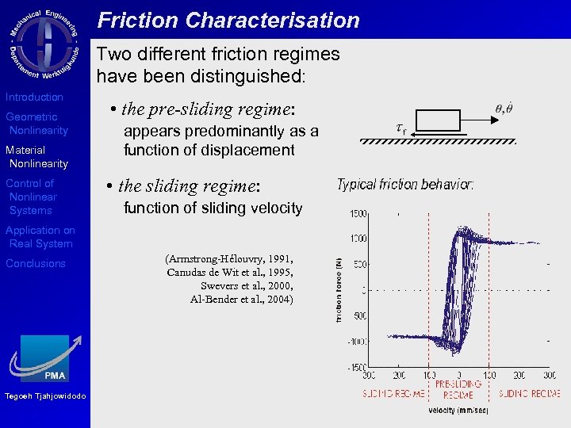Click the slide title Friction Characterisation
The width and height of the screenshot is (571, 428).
tap(228, 21)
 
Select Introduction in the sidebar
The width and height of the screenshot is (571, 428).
tap(34, 97)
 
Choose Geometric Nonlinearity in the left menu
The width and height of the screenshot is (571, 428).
tap(36, 124)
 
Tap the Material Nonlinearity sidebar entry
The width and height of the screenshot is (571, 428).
tap(36, 157)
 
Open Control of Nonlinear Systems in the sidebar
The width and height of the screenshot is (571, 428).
tap(31, 197)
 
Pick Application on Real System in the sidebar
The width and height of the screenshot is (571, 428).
tap(40, 237)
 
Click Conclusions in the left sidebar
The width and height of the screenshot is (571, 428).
tap(36, 263)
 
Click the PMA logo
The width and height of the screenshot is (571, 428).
tap(45, 359)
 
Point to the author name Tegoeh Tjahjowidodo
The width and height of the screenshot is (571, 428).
tap(44, 396)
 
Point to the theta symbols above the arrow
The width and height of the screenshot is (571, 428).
tap(503, 109)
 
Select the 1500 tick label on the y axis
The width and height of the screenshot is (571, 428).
tap(358, 214)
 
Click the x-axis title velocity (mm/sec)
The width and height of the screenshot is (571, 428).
tap(458, 411)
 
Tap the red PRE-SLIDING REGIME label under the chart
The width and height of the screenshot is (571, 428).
tap(458, 388)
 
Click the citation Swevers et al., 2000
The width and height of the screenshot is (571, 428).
tap(247, 285)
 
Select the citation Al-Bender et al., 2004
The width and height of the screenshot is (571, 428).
tap(241, 299)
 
